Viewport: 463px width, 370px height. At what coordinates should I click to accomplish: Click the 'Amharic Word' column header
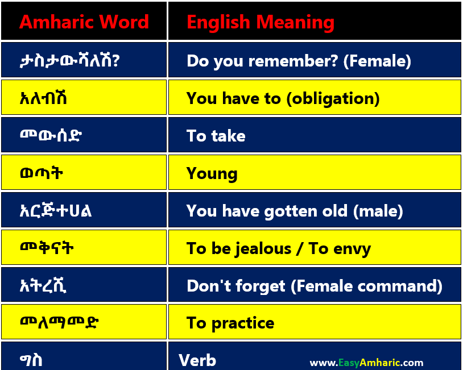coord(84,22)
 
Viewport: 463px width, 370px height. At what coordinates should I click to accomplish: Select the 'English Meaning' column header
coord(261,23)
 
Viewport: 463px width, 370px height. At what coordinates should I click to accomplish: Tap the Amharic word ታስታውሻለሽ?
coord(70,60)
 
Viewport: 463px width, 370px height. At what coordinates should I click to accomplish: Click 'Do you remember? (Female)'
coord(299,61)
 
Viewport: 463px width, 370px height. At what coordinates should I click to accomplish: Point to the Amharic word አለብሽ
coord(43,98)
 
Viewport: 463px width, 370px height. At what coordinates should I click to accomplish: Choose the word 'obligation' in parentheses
coord(333,98)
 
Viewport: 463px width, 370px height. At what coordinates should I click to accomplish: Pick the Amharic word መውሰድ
coord(51,135)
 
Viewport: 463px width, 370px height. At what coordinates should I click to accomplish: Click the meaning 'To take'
coord(216,136)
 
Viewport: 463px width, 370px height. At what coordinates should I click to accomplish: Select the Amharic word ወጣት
coord(42,173)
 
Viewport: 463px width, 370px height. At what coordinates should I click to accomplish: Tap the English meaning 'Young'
coord(212,174)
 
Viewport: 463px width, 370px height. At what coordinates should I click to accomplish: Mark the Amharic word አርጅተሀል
coord(56,210)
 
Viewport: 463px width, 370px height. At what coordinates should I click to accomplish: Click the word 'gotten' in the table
coord(291,211)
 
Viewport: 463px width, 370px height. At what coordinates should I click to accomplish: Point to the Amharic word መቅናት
coord(47,248)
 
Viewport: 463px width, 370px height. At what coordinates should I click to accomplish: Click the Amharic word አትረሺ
coord(43,285)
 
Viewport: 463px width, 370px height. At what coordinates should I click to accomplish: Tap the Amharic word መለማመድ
coord(59,322)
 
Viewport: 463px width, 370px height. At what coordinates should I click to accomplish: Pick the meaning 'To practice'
coord(230,323)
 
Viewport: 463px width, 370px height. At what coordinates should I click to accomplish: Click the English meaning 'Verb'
coord(197,360)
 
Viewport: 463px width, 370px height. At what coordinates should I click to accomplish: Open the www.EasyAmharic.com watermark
coord(366,363)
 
